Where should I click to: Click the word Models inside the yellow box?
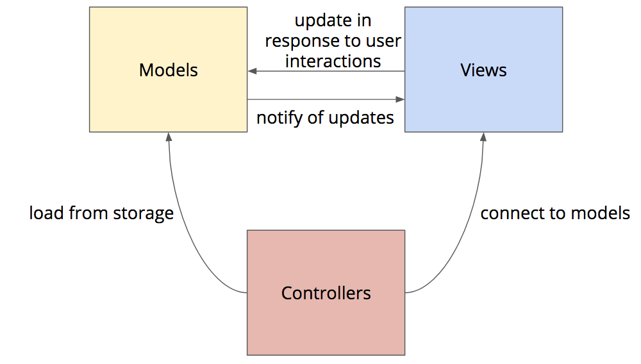[x=168, y=70]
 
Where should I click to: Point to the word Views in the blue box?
[x=483, y=70]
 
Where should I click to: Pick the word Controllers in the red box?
[x=326, y=294]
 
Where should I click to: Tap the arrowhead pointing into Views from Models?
[x=400, y=99]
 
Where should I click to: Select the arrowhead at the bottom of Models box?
[x=168, y=136]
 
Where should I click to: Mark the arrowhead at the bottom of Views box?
[x=483, y=136]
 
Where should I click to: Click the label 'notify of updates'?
[x=325, y=118]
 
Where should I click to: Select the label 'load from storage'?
[x=101, y=213]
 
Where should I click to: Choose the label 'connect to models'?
[x=555, y=213]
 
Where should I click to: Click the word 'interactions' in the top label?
[x=333, y=61]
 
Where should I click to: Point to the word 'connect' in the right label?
[x=507, y=213]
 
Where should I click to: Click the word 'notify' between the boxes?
[x=278, y=118]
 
